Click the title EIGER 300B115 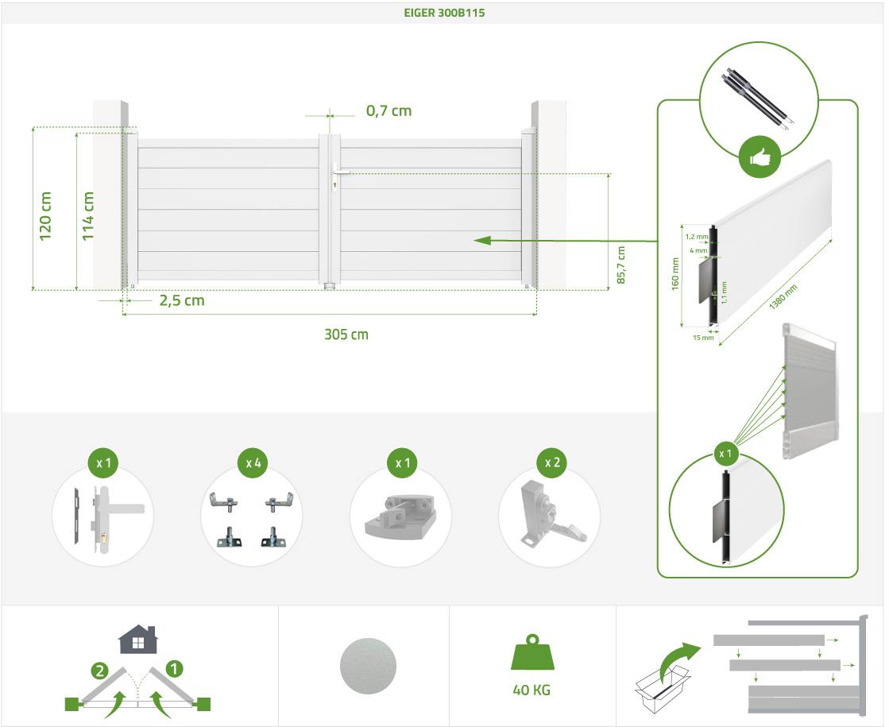(444, 13)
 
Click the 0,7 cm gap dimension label (388, 111)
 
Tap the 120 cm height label (45, 216)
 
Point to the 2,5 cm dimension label (182, 300)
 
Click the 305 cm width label (346, 334)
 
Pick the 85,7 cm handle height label (621, 265)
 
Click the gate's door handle (341, 170)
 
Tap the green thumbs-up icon (759, 157)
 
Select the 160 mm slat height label (675, 274)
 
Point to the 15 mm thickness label (703, 338)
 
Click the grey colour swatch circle (367, 666)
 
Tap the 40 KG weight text (531, 690)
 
